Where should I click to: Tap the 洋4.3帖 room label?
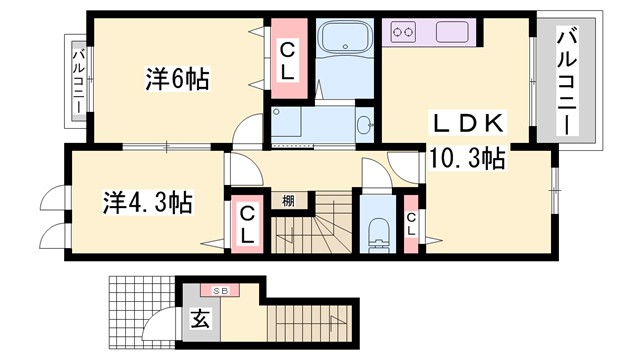[147, 202]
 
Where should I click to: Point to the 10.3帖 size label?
[466, 157]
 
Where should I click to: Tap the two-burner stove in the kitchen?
[404, 32]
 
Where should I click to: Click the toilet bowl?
[377, 232]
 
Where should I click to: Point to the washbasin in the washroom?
[365, 125]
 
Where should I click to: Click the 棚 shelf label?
[288, 201]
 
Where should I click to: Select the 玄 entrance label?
[199, 321]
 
